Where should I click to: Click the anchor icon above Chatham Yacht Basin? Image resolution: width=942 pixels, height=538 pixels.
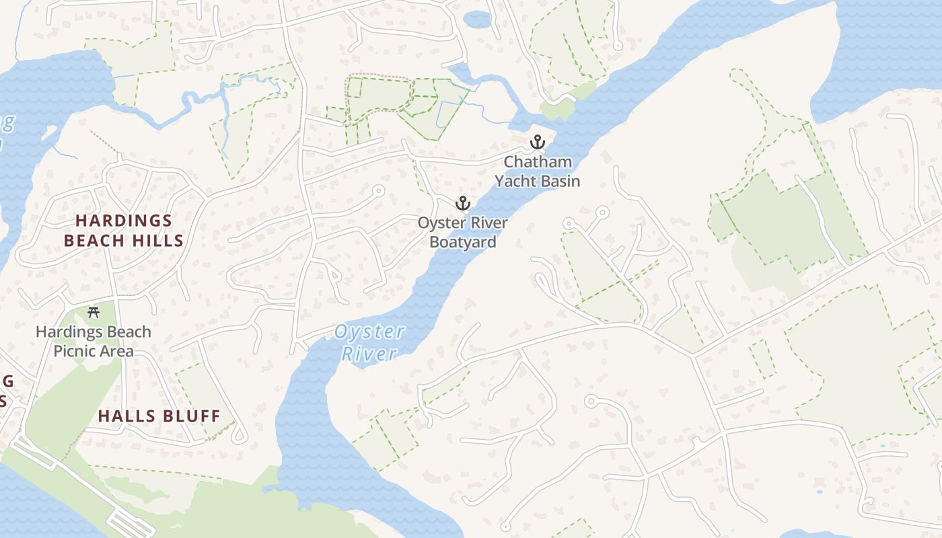point(537,142)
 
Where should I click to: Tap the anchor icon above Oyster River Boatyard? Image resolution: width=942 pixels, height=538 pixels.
point(463,202)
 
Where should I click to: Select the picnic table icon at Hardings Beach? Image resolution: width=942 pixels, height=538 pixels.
point(94,312)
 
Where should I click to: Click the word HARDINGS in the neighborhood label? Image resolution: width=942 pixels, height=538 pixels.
point(124,221)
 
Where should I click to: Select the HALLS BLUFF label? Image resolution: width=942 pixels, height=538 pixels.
point(159,416)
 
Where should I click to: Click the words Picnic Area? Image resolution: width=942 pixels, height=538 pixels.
point(93,351)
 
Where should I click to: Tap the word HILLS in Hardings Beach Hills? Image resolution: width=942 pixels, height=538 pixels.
point(155,241)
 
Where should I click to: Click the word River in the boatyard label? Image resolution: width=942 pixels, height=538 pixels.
point(488,223)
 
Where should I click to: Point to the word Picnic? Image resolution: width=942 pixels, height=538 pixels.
point(75,351)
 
